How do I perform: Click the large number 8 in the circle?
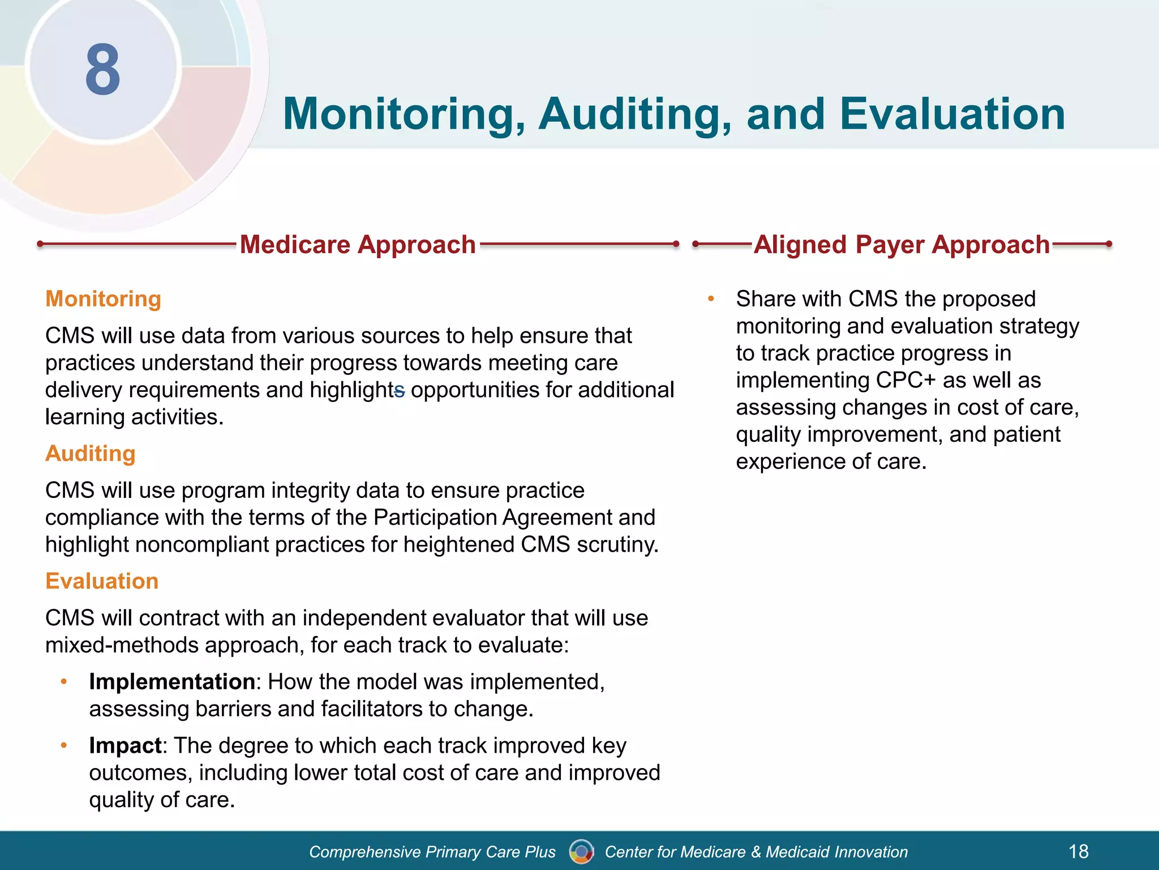coord(103,70)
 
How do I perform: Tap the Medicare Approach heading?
coord(358,245)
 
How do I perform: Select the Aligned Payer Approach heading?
coord(902,245)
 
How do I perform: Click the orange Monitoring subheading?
coord(103,298)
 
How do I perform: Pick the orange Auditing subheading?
coord(91,453)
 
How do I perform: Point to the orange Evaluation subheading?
coord(102,581)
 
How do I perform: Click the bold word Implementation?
coord(172,681)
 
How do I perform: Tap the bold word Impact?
coord(126,745)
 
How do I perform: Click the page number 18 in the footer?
coord(1079,851)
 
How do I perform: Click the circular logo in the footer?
coord(581,851)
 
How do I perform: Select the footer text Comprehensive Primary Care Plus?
coord(432,852)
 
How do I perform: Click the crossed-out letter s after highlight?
coord(400,390)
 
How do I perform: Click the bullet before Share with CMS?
coord(711,298)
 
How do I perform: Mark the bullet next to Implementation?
coord(64,681)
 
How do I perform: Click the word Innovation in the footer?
coord(871,852)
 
